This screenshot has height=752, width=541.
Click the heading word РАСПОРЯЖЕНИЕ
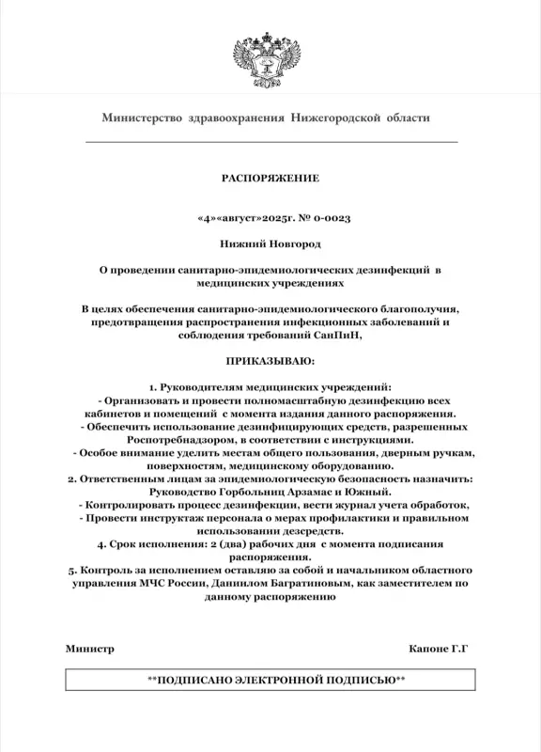(x=270, y=178)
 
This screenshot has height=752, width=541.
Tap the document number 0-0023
(x=330, y=217)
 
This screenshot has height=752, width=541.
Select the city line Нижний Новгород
(x=270, y=243)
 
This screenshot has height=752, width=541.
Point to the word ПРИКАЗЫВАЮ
(x=270, y=360)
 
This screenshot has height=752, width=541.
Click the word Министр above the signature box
(x=90, y=650)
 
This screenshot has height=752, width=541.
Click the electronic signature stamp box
(x=270, y=679)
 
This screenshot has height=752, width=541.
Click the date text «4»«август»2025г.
(x=242, y=217)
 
